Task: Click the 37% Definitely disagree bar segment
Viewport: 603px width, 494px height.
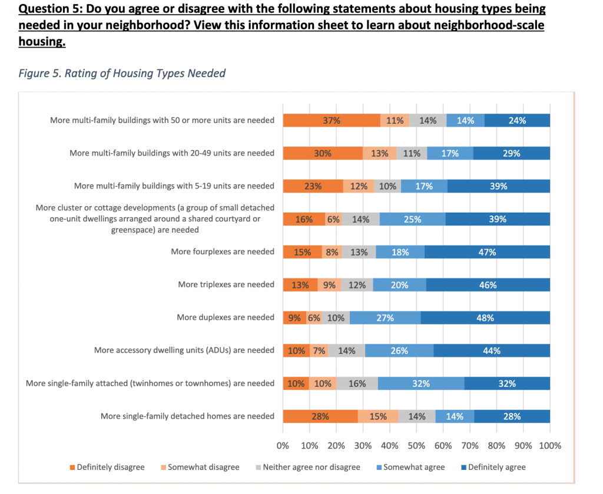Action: pos(332,121)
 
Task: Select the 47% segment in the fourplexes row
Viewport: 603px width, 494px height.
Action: pos(487,252)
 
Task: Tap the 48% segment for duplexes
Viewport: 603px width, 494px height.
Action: pos(485,318)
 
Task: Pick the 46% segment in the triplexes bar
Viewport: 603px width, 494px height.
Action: pos(488,285)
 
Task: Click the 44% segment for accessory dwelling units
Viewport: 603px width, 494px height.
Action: pos(491,351)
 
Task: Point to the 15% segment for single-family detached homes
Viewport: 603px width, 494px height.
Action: pos(378,416)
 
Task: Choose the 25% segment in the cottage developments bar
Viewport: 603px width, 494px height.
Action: pos(412,219)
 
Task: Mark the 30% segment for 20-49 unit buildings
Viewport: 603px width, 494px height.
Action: pos(323,154)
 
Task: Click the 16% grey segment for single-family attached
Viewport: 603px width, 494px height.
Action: pos(357,383)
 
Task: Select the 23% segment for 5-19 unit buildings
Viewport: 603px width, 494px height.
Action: pos(313,186)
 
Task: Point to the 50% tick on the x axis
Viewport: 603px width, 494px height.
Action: pos(416,446)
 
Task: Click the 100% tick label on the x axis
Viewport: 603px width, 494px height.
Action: pos(550,446)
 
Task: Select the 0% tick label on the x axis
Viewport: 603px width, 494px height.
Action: pos(283,446)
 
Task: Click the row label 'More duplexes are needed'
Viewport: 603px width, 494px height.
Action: pos(226,317)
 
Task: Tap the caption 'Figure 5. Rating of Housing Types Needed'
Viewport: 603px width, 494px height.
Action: pos(122,74)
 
